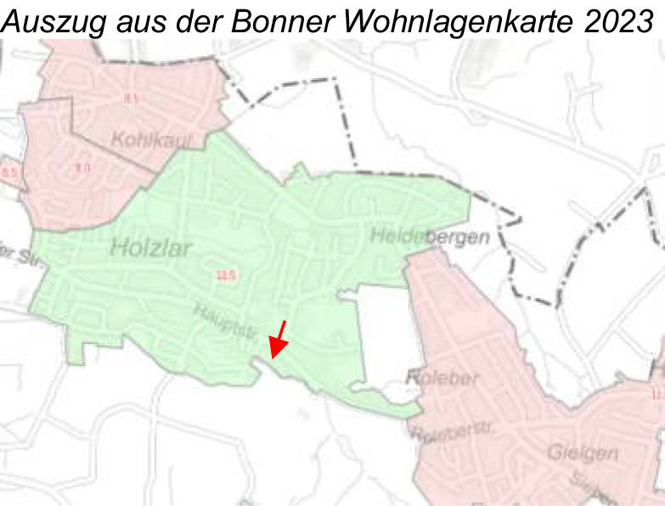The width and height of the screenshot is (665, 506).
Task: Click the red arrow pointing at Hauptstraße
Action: pos(278,339)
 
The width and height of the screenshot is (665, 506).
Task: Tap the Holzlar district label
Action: pos(152,248)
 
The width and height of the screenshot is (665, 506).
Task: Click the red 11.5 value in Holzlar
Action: pos(226,274)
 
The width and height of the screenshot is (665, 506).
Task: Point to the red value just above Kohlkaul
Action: pos(130,100)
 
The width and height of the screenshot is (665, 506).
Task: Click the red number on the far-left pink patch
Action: pos(10,174)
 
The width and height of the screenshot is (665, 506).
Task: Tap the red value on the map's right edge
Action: pos(657,395)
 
